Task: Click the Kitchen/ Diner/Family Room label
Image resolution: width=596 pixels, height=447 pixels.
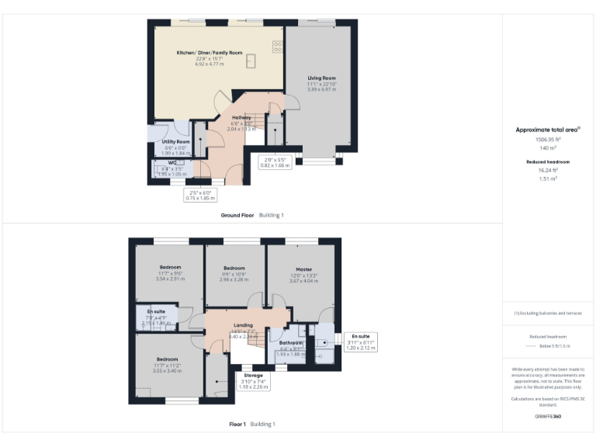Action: click(x=203, y=52)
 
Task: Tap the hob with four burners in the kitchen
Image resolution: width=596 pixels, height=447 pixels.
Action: click(x=277, y=47)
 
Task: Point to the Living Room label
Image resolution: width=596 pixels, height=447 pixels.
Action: click(x=321, y=78)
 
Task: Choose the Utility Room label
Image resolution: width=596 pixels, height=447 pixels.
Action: click(x=175, y=142)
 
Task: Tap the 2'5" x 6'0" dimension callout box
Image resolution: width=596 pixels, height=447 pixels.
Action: click(x=199, y=195)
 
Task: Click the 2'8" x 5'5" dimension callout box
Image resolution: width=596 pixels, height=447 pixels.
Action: click(x=275, y=162)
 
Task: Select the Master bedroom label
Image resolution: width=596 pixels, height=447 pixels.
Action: click(x=303, y=269)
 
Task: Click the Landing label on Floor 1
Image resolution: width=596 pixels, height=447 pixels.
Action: click(x=244, y=325)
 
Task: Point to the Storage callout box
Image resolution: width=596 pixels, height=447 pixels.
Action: click(x=253, y=380)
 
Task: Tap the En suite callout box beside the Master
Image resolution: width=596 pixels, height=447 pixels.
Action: click(x=360, y=341)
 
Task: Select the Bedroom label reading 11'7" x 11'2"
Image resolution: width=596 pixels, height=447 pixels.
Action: click(x=167, y=359)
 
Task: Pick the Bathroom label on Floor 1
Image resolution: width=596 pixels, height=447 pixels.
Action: click(x=291, y=342)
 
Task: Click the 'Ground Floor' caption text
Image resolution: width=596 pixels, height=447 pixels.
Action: click(x=237, y=214)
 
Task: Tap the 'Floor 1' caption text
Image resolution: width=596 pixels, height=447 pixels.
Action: click(x=237, y=424)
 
